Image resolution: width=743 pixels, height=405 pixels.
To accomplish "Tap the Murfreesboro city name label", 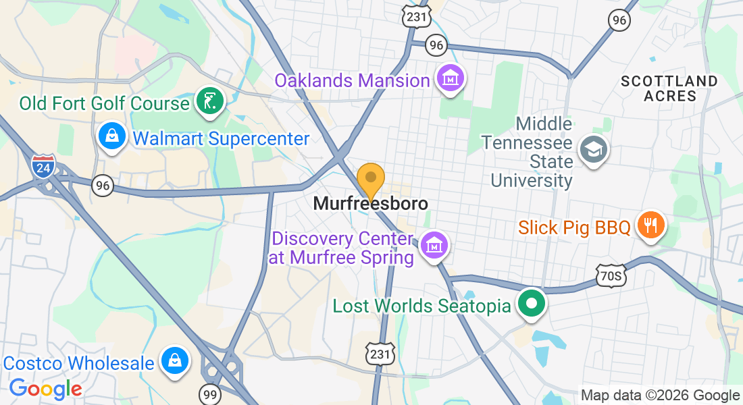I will (x=371, y=203).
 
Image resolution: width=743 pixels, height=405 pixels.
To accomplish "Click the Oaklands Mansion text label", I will (x=352, y=80).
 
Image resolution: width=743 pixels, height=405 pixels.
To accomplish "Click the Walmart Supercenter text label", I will (x=222, y=139).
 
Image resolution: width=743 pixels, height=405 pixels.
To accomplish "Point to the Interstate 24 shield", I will (x=42, y=167).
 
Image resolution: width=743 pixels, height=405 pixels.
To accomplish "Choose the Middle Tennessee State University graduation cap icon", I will (x=594, y=149).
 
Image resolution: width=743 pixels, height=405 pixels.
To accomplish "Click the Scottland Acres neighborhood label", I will (x=669, y=88).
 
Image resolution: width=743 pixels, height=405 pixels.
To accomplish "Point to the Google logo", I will (x=46, y=389).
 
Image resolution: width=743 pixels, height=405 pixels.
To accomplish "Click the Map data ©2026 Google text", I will (x=660, y=396).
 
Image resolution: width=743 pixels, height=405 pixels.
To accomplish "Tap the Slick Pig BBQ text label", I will (x=574, y=227).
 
